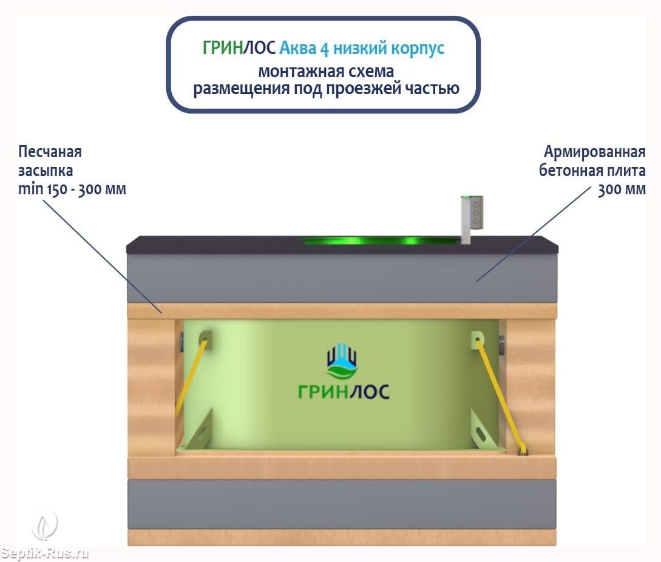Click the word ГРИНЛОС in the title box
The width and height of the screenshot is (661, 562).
[x=239, y=47]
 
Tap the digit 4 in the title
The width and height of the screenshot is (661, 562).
[x=325, y=49]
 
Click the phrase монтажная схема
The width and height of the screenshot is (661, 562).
[x=326, y=71]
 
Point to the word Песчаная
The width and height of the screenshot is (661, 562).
[x=50, y=151]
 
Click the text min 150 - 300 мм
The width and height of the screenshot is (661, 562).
[x=72, y=189]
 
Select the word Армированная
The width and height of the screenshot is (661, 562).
[x=594, y=152]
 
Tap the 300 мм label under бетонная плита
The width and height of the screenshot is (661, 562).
[x=622, y=189]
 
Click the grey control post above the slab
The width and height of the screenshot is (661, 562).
[x=471, y=219]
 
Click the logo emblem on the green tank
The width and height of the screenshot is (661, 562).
[x=342, y=361]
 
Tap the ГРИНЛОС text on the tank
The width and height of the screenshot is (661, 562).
[x=344, y=392]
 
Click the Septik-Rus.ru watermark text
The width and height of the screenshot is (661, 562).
[x=44, y=553]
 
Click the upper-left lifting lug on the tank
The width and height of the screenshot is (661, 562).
[x=205, y=340]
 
